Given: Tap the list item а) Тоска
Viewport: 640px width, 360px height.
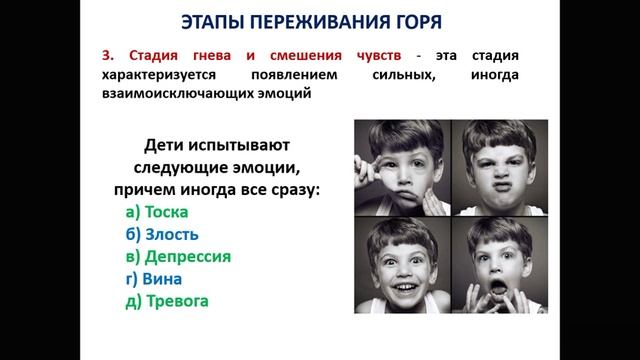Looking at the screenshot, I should tap(158, 212).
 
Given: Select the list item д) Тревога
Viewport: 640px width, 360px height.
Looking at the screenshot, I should tap(167, 299).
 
